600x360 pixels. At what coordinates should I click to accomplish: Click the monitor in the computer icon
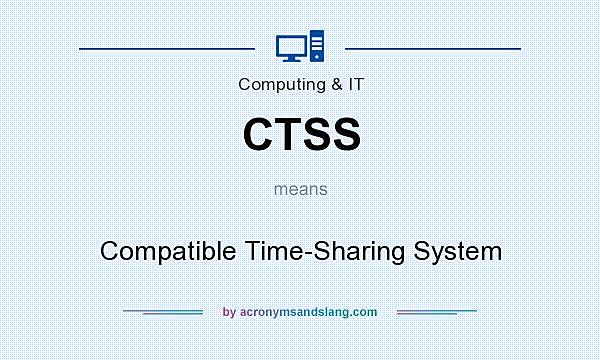click(290, 45)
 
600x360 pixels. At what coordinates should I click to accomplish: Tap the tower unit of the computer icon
click(317, 46)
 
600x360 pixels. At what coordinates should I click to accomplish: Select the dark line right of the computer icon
click(432, 47)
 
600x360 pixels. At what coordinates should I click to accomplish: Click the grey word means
click(300, 188)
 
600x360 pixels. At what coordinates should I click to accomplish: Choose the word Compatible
click(168, 250)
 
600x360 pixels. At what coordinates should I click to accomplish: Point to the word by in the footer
click(229, 312)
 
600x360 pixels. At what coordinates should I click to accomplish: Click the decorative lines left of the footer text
click(163, 312)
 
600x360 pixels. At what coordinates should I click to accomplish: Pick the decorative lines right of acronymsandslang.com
click(437, 312)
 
